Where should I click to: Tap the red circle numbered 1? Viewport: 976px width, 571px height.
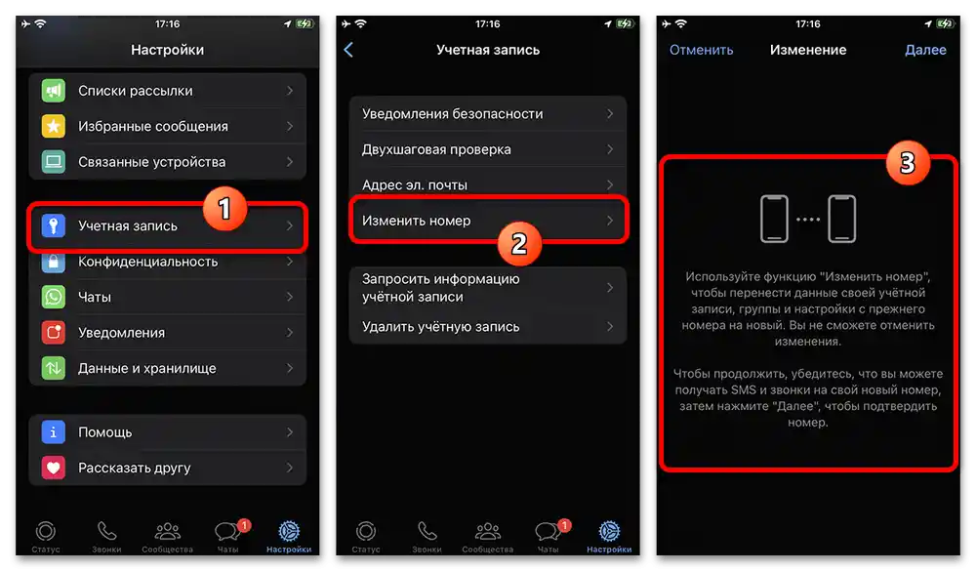coord(224,208)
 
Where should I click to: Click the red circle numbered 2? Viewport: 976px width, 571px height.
coord(519,243)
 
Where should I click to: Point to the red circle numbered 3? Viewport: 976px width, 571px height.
coord(908,163)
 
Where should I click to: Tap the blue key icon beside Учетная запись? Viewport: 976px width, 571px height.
coord(54,225)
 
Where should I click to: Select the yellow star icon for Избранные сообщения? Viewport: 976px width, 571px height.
coord(54,127)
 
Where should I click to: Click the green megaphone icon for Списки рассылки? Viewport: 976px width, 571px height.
coord(54,91)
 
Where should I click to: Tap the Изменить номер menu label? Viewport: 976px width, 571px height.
coord(417,221)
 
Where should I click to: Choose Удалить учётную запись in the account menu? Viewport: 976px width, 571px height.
coord(441,327)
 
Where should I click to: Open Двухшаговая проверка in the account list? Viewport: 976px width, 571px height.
coord(436,149)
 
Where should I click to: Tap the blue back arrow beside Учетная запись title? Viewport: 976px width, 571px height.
coord(348,50)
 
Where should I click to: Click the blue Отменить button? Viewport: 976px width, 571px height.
coord(701,50)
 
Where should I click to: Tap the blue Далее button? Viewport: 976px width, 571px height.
coord(925,50)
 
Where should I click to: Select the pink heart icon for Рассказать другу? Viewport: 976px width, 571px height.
coord(54,468)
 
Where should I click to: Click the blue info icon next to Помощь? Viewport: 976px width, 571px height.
coord(54,432)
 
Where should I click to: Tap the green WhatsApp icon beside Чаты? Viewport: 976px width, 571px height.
coord(54,297)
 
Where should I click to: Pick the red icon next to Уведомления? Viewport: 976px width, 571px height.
coord(54,333)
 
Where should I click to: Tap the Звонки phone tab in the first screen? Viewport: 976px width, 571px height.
coord(106,536)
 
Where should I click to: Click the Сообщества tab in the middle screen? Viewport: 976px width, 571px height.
coord(487,536)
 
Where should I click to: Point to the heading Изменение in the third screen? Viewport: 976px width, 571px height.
coord(808,50)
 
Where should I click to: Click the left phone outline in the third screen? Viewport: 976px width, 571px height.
coord(774,219)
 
